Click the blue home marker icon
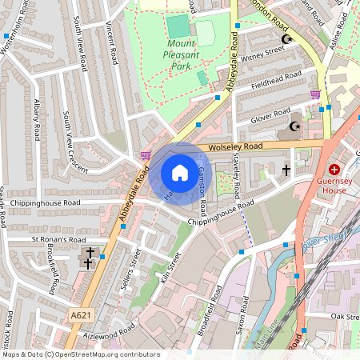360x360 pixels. click(x=180, y=173)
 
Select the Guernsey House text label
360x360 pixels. click(x=334, y=186)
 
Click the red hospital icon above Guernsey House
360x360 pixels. click(x=334, y=170)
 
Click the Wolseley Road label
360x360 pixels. click(x=234, y=147)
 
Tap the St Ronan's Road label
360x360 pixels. click(x=58, y=239)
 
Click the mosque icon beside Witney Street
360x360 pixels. click(x=286, y=38)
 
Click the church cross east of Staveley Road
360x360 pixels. click(x=286, y=170)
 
